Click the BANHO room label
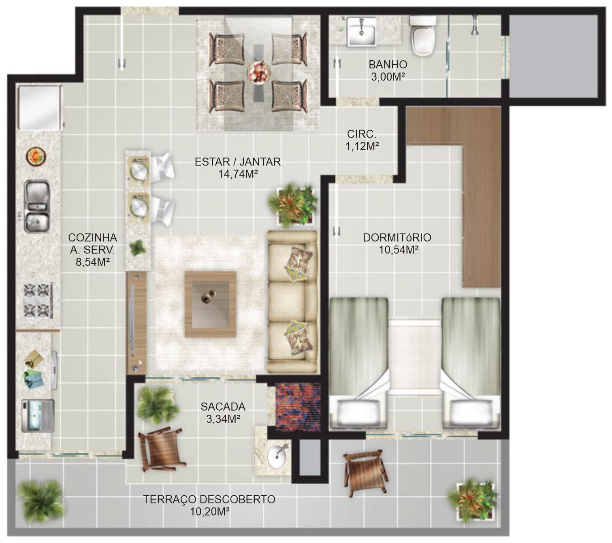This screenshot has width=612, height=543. point(388,65)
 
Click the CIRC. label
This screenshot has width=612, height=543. point(362,134)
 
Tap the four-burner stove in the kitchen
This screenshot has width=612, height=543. point(38,300)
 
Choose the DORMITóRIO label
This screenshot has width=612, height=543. point(397,238)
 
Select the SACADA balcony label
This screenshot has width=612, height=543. point(223,407)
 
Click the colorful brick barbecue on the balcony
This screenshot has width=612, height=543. point(297,406)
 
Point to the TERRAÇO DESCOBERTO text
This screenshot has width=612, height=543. point(209,508)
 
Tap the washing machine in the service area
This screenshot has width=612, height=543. point(38,416)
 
